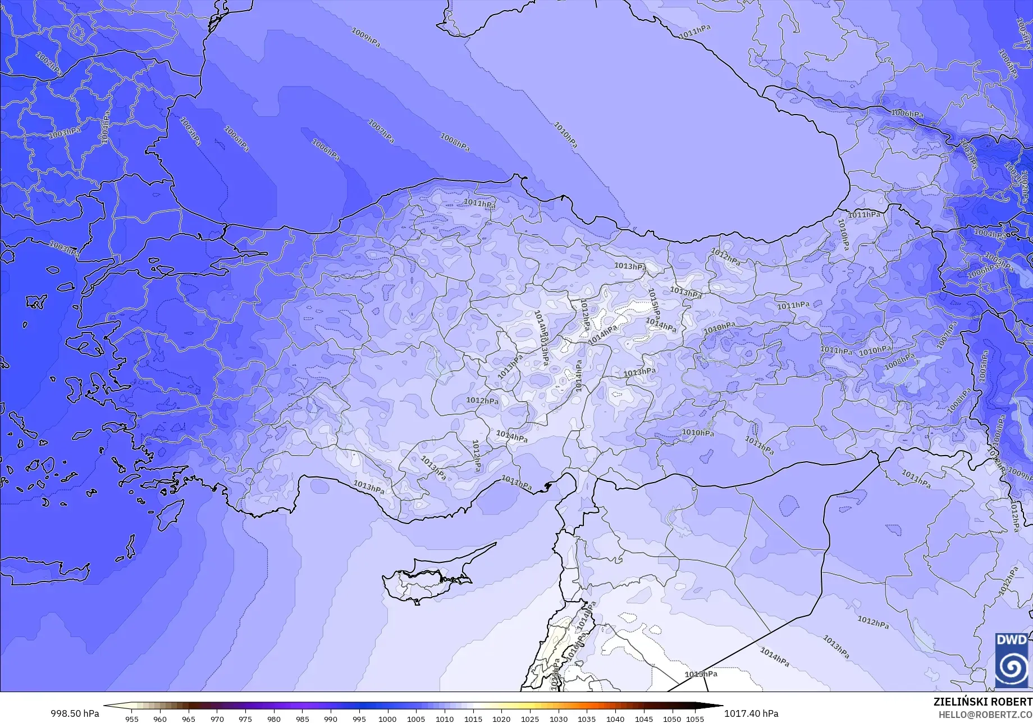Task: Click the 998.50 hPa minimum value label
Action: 75,713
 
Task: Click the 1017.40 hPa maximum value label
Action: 751,713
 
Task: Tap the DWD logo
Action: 1012,661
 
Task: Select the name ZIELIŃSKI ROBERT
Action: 982,702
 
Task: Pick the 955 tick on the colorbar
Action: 132,719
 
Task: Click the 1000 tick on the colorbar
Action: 387,719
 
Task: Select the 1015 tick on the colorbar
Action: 473,719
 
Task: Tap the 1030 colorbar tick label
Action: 558,719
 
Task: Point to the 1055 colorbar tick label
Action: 695,719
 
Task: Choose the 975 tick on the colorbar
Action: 245,719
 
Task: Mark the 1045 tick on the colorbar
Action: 643,719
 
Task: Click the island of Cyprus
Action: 427,579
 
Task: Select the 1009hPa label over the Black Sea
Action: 365,37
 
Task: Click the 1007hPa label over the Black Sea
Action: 381,131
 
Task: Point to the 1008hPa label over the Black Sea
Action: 455,142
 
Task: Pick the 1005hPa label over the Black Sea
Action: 191,131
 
